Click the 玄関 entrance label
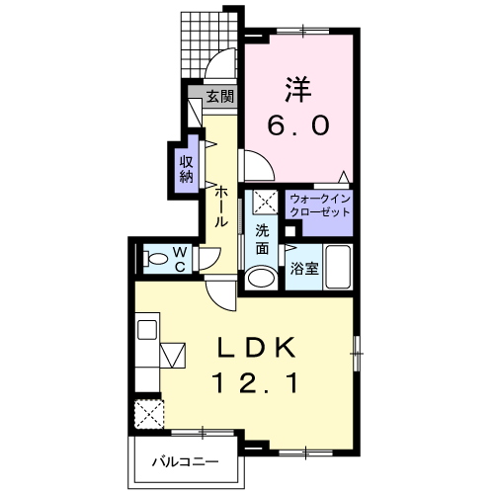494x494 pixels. point(220,97)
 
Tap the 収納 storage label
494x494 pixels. point(187,169)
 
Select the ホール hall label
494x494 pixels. point(221,206)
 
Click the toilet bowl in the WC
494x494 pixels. point(155,259)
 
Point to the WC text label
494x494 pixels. point(180,260)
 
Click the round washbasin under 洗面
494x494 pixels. point(262,279)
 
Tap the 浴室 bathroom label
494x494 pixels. point(304,269)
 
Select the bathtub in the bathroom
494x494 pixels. point(338,267)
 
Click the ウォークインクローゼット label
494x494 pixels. point(320,206)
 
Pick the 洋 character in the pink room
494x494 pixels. point(298,89)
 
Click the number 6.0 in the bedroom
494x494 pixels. point(298,125)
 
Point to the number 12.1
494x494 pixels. point(256,382)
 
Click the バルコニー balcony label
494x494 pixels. point(185,462)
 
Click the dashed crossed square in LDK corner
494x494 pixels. point(149,414)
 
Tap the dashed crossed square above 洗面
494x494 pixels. point(266,202)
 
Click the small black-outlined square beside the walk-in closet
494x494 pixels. point(290,231)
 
